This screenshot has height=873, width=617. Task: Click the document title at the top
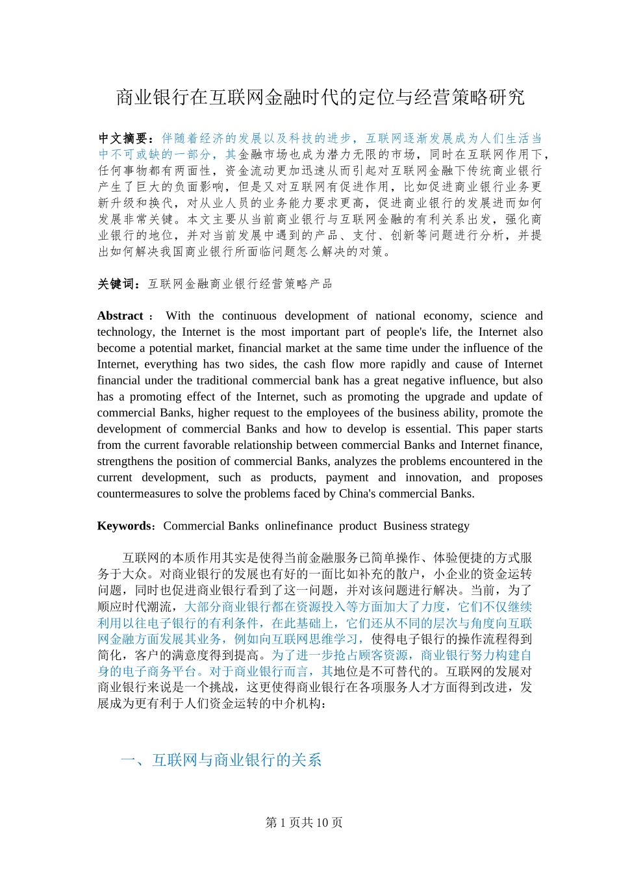coord(320,97)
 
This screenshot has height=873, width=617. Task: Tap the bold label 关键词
coord(117,284)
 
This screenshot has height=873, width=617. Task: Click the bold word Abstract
coord(120,316)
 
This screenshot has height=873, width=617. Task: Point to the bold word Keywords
coord(123,526)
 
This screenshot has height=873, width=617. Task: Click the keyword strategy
coord(447,526)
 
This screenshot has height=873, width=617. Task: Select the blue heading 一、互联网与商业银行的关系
coord(221,760)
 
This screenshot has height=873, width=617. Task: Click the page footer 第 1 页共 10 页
coord(304,823)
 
